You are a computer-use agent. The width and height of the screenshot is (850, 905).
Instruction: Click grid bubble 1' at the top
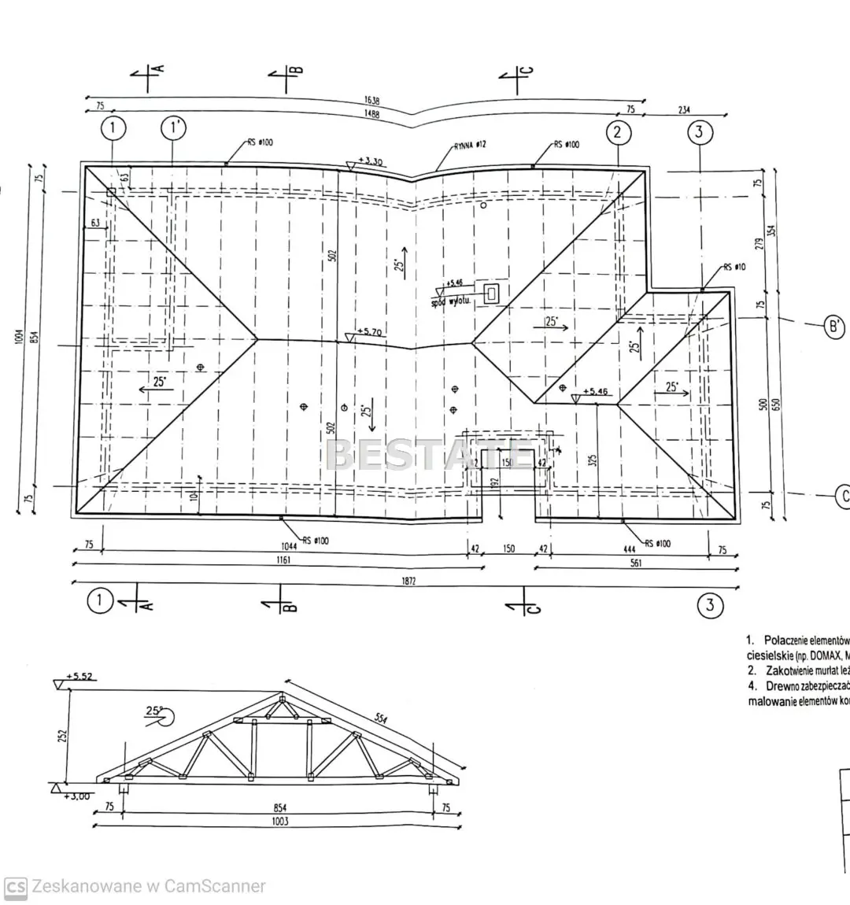coord(172,127)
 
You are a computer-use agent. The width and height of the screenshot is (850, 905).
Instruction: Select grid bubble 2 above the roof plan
coord(618,131)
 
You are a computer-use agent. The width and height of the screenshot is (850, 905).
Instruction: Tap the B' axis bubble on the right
coord(833,326)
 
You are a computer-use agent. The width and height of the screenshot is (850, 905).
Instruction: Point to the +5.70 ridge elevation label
coord(369,333)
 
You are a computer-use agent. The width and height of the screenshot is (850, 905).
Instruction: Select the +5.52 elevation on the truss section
coord(79,676)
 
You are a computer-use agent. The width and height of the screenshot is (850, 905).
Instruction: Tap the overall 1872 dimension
coord(405,581)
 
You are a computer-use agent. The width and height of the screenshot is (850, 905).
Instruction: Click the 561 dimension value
coord(636,563)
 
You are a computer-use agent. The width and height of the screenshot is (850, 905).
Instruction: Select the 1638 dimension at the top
coord(371,101)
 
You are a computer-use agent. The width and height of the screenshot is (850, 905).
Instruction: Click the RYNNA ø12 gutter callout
coord(470,145)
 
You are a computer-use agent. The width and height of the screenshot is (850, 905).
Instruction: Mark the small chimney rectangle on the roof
coord(492,294)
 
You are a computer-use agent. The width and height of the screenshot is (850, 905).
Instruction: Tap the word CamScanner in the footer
coord(216,886)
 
